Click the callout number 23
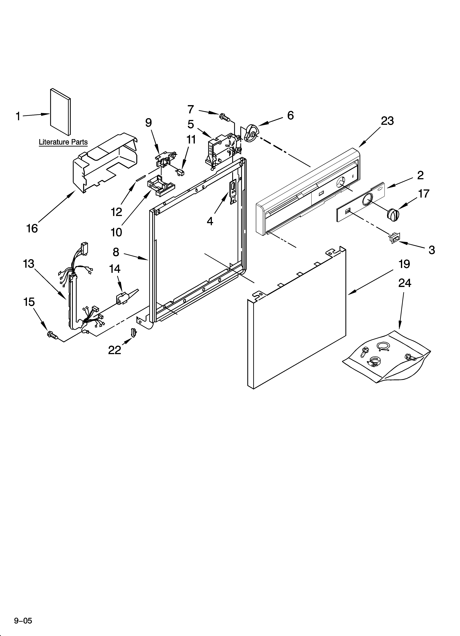(x=387, y=121)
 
